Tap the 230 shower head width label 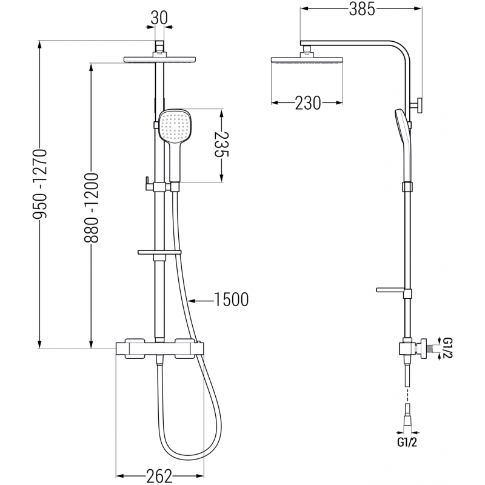click(308, 104)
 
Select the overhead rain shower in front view click(160, 59)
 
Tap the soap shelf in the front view click(160, 252)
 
